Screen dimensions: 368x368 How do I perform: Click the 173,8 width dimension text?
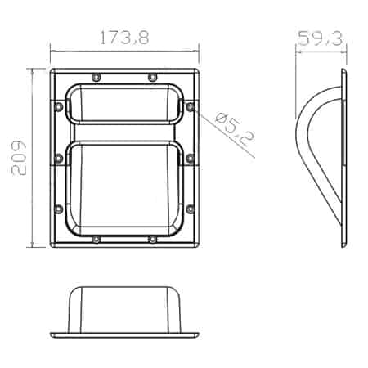tap(124, 38)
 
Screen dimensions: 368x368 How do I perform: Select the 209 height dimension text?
tap(19, 158)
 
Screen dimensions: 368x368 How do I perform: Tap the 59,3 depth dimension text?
tap(320, 38)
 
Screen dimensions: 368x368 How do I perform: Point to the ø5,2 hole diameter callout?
tap(235, 128)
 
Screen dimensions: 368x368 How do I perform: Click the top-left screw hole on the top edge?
tap(96, 77)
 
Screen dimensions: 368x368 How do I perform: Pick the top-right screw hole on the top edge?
tap(152, 77)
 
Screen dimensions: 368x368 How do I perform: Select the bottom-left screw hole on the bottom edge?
tap(96, 240)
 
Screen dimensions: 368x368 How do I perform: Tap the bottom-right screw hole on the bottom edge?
tap(152, 240)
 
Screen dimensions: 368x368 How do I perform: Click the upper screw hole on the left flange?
tap(59, 107)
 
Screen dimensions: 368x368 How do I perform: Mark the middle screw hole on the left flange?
tap(59, 158)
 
